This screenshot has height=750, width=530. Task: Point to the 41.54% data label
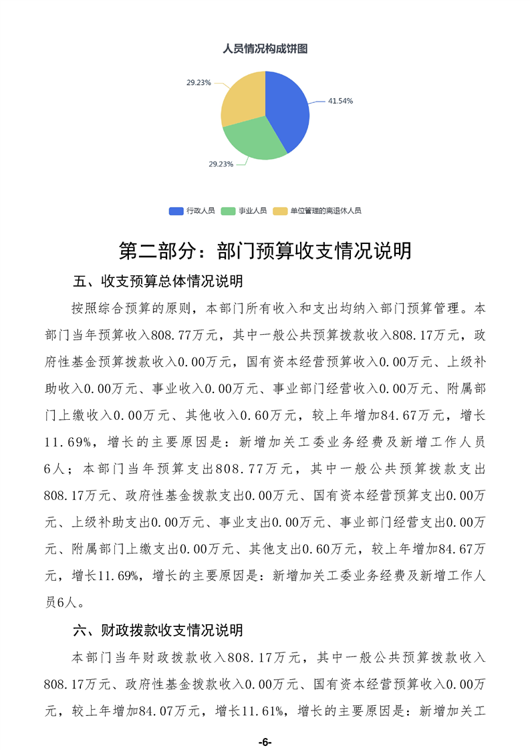tap(340, 101)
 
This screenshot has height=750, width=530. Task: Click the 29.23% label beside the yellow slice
tap(198, 83)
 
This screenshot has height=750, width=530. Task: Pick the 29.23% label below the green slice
tap(221, 164)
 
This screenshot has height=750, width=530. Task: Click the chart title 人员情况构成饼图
tap(265, 48)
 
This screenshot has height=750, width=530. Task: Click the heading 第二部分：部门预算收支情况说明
tap(265, 251)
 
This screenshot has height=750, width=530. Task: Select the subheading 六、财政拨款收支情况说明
tap(158, 630)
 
